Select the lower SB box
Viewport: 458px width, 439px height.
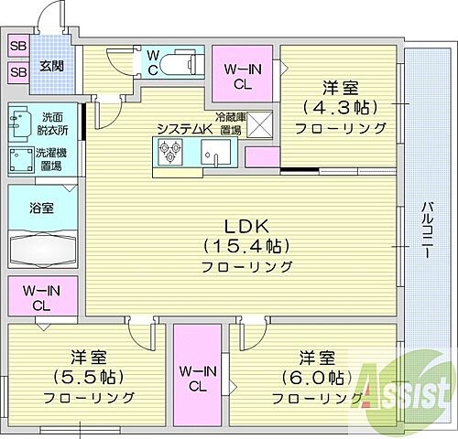click(18, 72)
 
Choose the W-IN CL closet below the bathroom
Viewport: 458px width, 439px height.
click(43, 298)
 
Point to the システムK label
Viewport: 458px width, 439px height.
click(184, 129)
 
